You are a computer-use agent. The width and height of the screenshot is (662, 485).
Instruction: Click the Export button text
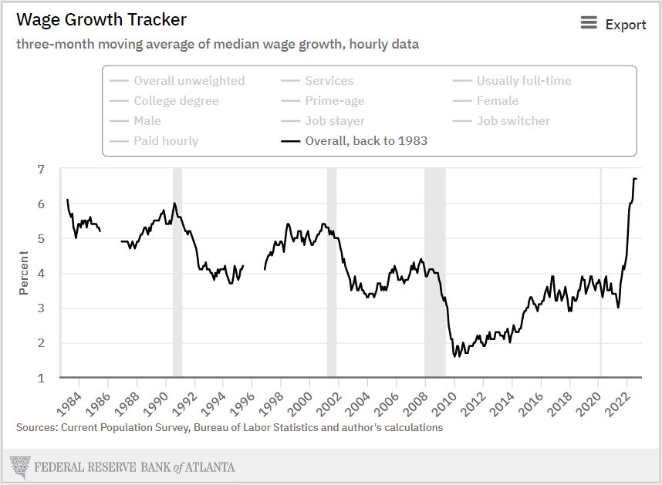[625, 25]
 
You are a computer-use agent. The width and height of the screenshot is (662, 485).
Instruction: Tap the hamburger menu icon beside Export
[589, 23]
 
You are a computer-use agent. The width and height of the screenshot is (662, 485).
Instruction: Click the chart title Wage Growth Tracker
[101, 19]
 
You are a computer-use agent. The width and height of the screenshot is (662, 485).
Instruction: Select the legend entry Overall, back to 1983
[366, 140]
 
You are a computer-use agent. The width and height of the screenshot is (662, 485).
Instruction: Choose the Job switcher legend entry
[513, 120]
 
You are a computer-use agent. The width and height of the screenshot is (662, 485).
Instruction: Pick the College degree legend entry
[176, 100]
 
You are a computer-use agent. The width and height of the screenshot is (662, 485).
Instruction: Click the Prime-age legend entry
[334, 100]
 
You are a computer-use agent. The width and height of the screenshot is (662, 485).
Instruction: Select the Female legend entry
[497, 100]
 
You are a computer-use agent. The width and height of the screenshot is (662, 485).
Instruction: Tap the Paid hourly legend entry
[165, 140]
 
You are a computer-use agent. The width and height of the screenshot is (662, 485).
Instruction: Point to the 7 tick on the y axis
[41, 169]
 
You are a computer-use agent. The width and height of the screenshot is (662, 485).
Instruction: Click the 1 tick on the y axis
[41, 378]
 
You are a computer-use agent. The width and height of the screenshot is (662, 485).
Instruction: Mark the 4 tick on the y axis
[41, 274]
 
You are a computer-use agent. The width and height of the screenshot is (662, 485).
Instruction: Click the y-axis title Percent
[24, 274]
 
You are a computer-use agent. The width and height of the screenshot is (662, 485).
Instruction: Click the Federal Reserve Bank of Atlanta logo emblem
[19, 466]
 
